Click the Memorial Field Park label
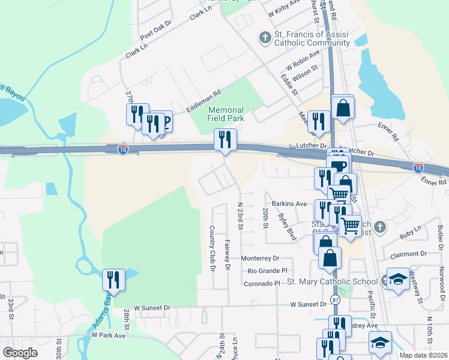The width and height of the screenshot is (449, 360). [226, 114]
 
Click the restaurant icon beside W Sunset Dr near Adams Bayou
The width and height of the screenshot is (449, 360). [113, 280]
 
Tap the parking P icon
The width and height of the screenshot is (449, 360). [164, 122]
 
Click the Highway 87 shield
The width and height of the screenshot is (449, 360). [334, 299]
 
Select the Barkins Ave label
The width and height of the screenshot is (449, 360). [289, 204]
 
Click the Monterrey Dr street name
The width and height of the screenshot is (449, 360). [260, 258]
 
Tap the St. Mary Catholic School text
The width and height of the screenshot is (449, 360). [332, 281]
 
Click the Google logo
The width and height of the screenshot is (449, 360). [20, 352]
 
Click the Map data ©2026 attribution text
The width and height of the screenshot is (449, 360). [424, 355]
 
